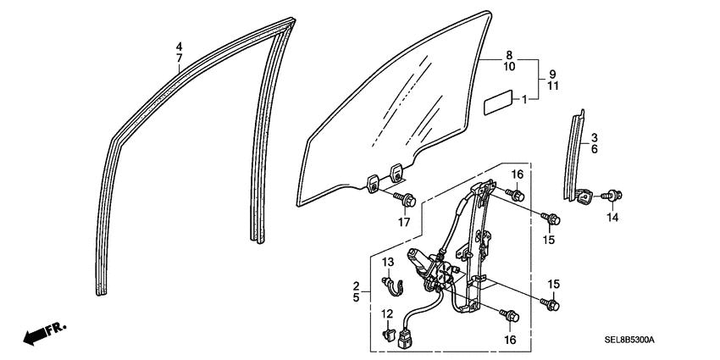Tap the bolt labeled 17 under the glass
pos(408,201)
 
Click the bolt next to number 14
pos(614,197)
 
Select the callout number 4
pos(179,46)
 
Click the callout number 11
pos(551,86)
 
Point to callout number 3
pos(594,137)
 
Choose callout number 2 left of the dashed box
pos(357,285)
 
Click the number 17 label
pos(404,223)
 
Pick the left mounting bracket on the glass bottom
pos(373,180)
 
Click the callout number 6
pos(594,149)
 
